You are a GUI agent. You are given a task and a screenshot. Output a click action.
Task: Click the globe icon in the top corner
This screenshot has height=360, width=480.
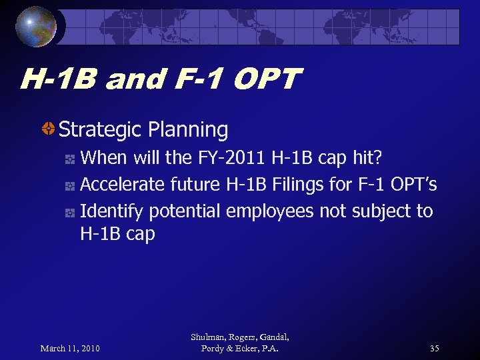pos(37,26)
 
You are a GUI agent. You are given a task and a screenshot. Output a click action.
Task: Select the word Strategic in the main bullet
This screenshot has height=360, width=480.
pos(101,129)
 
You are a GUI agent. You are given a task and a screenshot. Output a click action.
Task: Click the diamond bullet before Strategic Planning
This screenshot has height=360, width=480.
pos(48,129)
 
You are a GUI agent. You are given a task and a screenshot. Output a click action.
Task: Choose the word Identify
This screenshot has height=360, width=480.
pos(111,211)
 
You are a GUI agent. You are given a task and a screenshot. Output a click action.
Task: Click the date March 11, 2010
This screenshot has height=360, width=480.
pos(70,349)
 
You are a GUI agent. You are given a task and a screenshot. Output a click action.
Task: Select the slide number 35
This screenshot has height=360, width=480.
pos(434,349)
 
